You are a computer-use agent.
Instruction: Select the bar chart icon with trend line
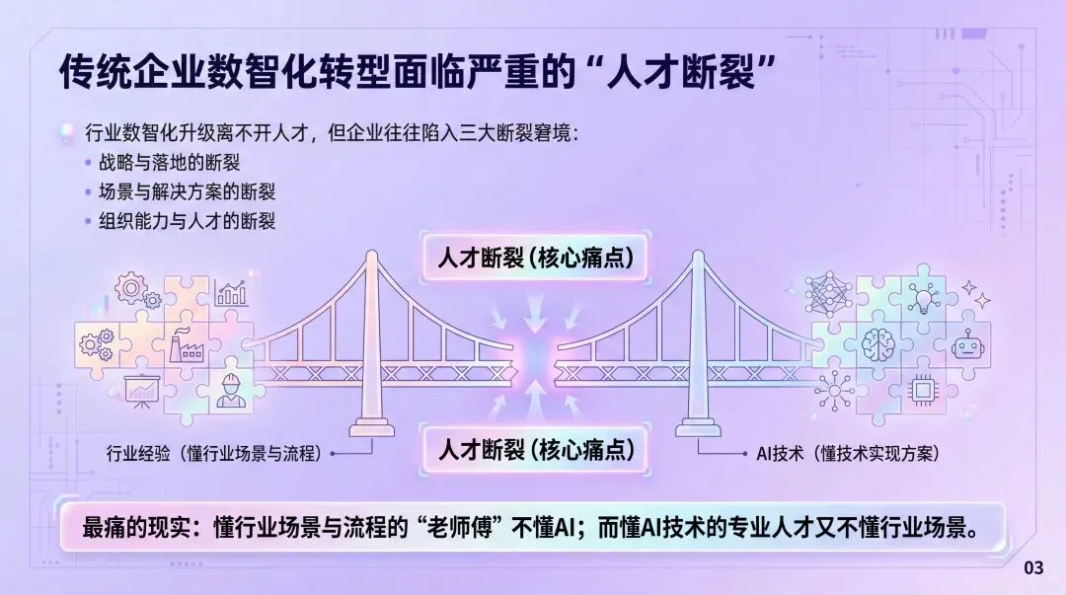232,292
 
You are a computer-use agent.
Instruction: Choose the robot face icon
968,346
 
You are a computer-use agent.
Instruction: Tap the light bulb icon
923,297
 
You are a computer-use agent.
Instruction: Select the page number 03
1032,567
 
